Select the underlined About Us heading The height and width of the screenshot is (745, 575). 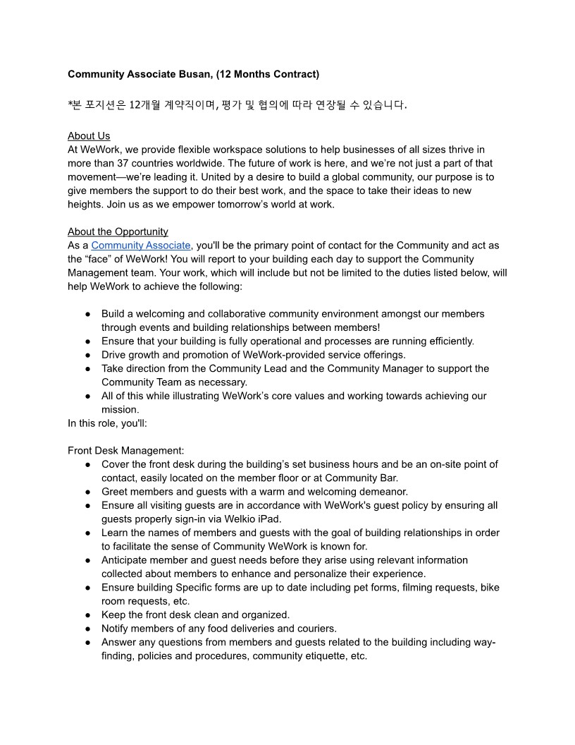[x=89, y=136]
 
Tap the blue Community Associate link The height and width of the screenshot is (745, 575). [x=141, y=246]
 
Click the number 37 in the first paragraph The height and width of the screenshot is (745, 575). [x=135, y=164]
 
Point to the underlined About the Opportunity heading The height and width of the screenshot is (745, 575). [x=118, y=232]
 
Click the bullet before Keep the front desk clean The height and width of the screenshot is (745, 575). [x=87, y=615]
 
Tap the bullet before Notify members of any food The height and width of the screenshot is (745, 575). [x=87, y=629]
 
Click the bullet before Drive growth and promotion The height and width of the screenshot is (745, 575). [x=87, y=355]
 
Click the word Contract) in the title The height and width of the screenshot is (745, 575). [x=293, y=74]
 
